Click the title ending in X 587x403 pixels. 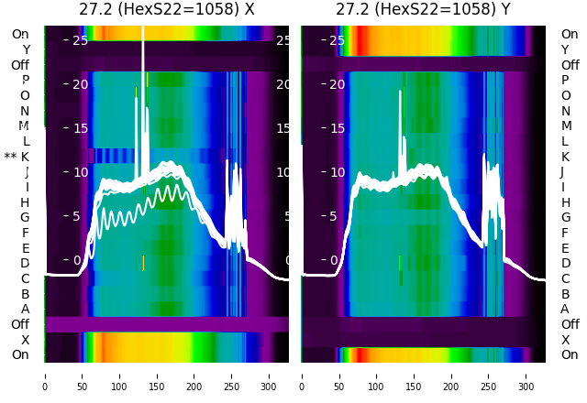point(166,10)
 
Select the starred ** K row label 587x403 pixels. point(17,157)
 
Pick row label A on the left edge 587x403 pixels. point(25,309)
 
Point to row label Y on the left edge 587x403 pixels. point(25,49)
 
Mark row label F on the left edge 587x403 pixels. point(25,233)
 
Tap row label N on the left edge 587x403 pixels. point(25,111)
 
